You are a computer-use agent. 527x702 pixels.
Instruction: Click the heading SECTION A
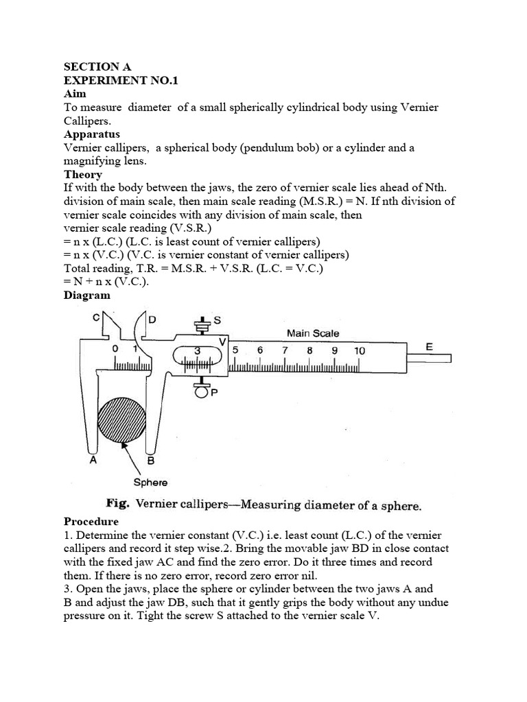click(97, 66)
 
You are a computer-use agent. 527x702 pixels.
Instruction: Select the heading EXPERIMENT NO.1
click(116, 80)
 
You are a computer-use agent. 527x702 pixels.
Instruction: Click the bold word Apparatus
click(92, 134)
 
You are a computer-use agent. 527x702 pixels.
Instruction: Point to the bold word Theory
click(83, 174)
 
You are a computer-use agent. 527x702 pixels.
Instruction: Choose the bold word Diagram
click(87, 295)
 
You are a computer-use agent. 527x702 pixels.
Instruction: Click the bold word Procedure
click(92, 521)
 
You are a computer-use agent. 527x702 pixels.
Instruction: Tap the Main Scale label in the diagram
click(313, 333)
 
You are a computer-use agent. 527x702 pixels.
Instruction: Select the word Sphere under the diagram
click(150, 482)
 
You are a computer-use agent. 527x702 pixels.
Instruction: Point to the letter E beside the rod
click(430, 347)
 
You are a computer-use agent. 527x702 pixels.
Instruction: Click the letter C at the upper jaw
click(96, 317)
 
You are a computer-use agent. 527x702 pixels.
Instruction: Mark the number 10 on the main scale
click(360, 350)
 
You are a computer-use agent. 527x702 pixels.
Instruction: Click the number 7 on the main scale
click(285, 350)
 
